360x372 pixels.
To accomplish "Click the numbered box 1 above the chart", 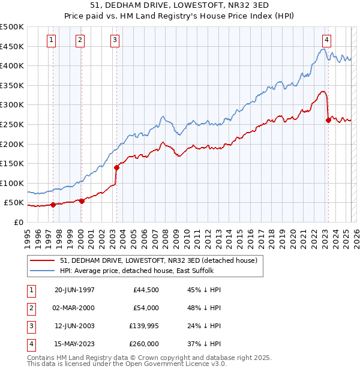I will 52,40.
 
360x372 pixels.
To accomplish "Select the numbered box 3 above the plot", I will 114,40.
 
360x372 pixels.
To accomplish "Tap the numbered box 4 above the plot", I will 326,40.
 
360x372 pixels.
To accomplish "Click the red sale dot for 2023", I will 328,120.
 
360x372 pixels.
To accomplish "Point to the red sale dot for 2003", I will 116,167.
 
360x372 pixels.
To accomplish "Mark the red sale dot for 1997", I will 53,205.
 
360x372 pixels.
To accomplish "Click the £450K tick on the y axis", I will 12,46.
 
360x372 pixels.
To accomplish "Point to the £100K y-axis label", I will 12,183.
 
